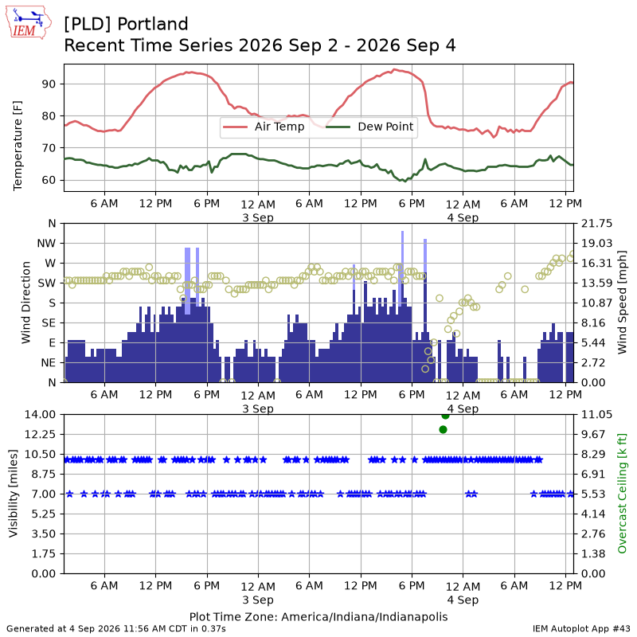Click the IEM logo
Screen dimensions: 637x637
[x=28, y=22]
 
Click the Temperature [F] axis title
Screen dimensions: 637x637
[x=18, y=146]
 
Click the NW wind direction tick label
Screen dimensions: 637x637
[x=46, y=244]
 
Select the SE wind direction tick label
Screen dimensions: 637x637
[x=49, y=323]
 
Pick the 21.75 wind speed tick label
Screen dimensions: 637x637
[x=596, y=224]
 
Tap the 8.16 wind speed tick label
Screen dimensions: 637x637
[x=593, y=323]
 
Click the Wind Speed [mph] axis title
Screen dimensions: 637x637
[x=622, y=303]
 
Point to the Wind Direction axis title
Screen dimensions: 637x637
[x=26, y=303]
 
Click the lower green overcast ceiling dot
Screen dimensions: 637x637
[x=444, y=429]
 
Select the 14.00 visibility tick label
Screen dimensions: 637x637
[x=40, y=414]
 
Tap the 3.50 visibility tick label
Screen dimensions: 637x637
[x=43, y=533]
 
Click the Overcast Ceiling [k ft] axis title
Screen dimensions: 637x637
[x=622, y=494]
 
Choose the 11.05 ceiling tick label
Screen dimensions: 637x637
[x=596, y=414]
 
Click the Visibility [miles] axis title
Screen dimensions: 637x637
[x=14, y=494]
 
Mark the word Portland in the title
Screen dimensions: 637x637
[x=153, y=24]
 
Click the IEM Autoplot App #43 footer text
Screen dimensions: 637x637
[x=581, y=628]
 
